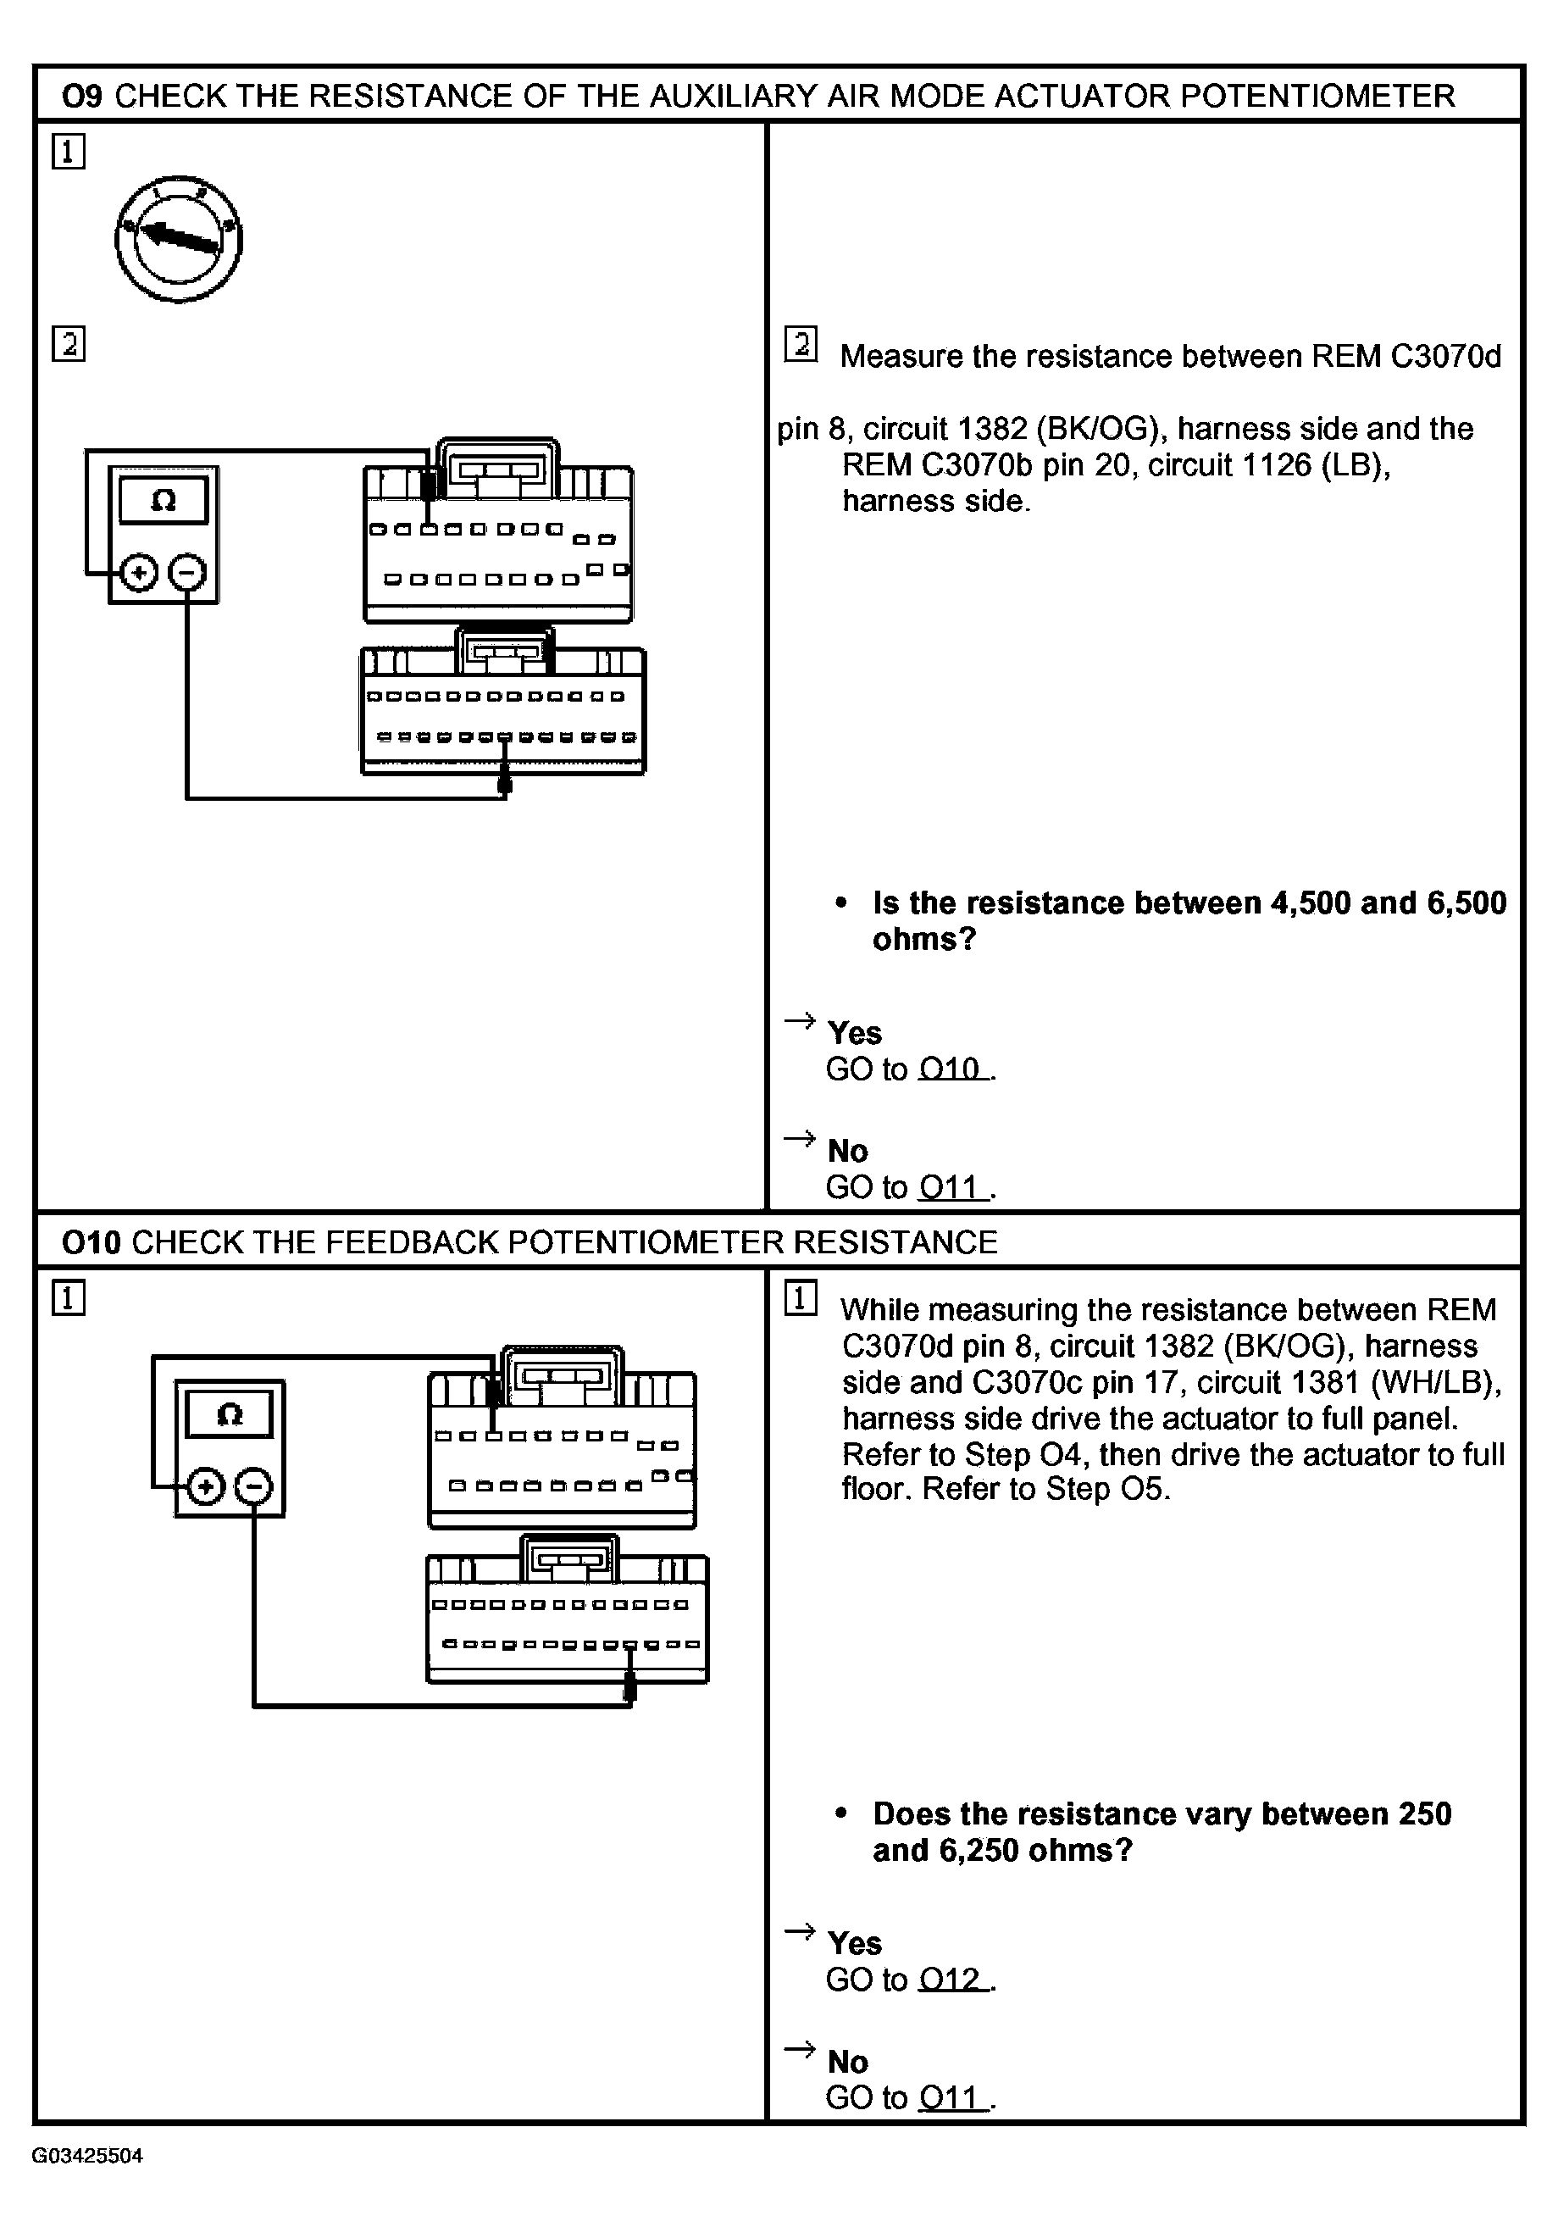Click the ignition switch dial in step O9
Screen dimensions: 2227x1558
tap(179, 240)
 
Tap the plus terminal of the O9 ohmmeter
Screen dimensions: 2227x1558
tap(139, 573)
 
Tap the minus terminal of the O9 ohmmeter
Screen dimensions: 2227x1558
tap(187, 573)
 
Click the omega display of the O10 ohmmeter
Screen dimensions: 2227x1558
tap(229, 1415)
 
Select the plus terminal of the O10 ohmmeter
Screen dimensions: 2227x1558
tap(204, 1487)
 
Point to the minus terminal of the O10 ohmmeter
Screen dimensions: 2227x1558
tap(254, 1487)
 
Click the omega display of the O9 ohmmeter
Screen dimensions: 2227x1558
tap(163, 502)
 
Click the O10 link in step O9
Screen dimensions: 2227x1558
tap(953, 1069)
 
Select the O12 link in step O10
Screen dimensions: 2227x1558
tap(953, 1980)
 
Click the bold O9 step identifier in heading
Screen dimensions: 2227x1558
tap(81, 96)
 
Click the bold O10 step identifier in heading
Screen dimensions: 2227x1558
tap(90, 1242)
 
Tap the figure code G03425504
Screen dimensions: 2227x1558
tap(87, 2156)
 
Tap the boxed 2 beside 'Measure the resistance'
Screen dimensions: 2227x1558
tap(801, 344)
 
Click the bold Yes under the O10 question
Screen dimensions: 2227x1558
tap(854, 1943)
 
